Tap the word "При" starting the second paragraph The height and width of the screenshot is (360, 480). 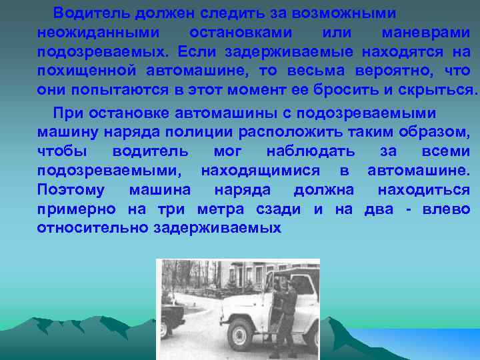click(68, 113)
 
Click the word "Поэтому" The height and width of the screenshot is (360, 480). click(71, 190)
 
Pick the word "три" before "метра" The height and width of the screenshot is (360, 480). click(172, 209)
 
